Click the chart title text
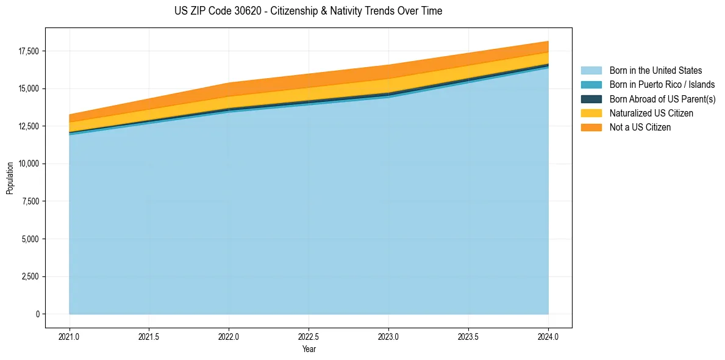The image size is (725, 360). point(309,11)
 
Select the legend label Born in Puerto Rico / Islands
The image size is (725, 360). point(662,85)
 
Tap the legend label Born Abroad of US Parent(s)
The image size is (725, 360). point(662,99)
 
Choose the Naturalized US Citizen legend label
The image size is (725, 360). point(651,113)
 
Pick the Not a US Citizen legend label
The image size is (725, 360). point(640,127)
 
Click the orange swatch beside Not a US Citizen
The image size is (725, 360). point(591,127)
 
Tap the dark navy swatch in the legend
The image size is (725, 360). point(591,99)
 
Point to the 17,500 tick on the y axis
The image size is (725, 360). point(27,51)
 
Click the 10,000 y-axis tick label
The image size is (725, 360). point(27,164)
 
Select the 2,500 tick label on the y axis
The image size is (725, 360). point(29,276)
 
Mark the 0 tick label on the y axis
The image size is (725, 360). point(37,314)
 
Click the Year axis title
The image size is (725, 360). point(309,349)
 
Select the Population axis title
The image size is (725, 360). point(10,178)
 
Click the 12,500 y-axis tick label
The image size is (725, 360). point(27,126)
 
